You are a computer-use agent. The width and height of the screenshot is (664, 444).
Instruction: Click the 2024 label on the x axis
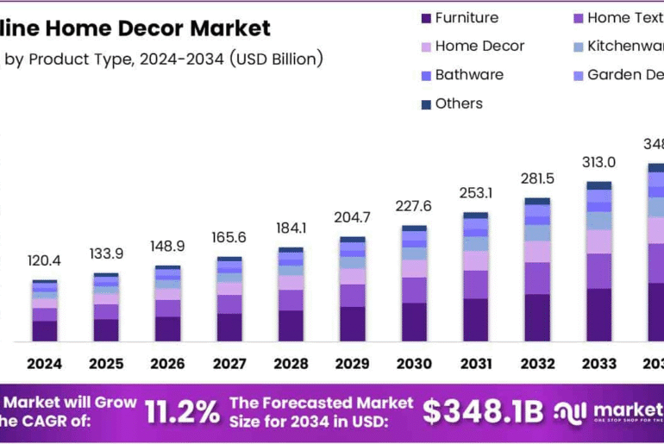point(44,364)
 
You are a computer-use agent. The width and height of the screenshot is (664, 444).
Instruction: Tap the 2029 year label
point(352,364)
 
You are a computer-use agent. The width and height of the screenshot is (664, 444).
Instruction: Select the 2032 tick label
point(536,364)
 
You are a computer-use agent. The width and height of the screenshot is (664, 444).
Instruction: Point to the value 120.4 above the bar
point(44,260)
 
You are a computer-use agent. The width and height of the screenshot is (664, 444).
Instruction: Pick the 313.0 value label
point(598,162)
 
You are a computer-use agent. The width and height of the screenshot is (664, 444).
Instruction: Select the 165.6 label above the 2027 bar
point(229,237)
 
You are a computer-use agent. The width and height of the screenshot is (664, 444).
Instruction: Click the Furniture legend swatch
point(425,18)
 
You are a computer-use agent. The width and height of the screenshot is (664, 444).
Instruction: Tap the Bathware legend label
point(469,75)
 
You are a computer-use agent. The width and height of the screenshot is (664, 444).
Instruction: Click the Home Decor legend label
point(479,47)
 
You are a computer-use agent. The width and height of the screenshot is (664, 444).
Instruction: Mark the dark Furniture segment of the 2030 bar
point(414,322)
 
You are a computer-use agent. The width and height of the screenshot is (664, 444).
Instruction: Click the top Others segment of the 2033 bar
point(598,185)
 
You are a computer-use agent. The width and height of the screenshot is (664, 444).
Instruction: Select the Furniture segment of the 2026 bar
point(168,328)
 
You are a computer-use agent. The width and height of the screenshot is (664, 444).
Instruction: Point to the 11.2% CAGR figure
point(181,412)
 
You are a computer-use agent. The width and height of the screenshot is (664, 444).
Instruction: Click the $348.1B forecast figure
point(483,412)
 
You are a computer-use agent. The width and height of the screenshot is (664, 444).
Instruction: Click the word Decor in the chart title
point(153,28)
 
